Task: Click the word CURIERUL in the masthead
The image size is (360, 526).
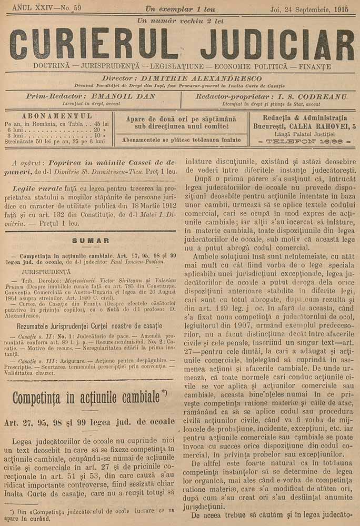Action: click(94, 44)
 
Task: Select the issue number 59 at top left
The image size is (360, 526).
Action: click(77, 8)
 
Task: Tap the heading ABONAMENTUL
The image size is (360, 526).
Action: click(58, 115)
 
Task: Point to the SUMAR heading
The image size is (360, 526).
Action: click(91, 240)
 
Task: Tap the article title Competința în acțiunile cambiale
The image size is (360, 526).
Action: click(86, 396)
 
